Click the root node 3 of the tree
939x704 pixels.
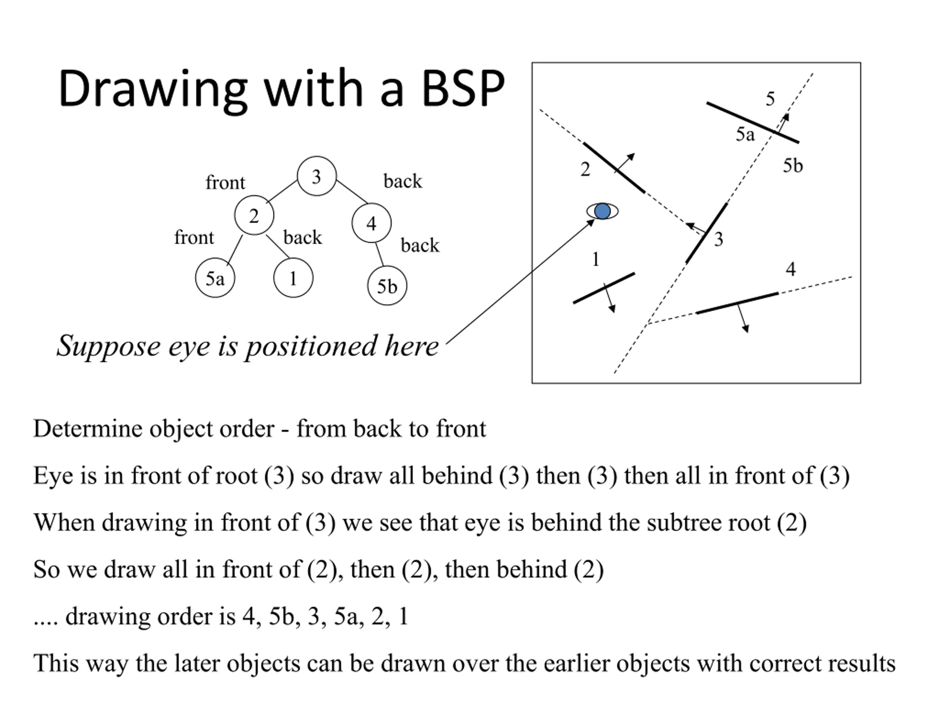point(317,176)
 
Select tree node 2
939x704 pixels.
point(254,216)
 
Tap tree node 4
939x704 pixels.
point(372,223)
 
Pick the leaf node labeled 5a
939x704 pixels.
point(215,278)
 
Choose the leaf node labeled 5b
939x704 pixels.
point(387,286)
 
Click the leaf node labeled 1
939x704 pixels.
point(293,278)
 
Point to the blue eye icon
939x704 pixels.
point(602,211)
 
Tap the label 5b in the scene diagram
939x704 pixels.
point(793,165)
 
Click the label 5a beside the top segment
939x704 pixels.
point(745,134)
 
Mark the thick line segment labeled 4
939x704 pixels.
point(737,303)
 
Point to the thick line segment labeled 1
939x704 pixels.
point(604,288)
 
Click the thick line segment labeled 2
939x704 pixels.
point(614,168)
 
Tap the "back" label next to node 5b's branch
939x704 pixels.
point(420,245)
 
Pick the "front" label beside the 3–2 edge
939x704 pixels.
point(226,183)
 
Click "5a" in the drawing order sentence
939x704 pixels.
point(346,617)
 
